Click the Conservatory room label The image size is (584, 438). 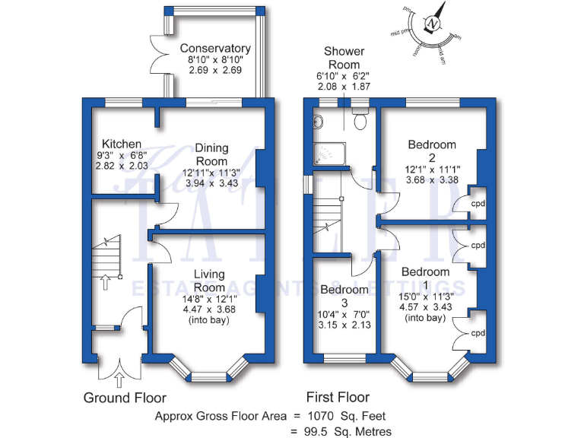point(215,49)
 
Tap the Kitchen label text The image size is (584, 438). point(122,144)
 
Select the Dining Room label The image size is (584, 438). point(211,154)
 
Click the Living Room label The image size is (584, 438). point(209,281)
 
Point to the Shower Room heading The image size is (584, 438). point(344,58)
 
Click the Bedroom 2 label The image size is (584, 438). point(432,151)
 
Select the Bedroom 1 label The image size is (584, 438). point(425,278)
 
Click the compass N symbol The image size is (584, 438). point(433,24)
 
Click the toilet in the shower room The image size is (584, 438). point(361,119)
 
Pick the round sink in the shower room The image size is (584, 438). point(316,119)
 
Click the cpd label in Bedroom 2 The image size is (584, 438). point(478,204)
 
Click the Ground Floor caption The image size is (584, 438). point(125,398)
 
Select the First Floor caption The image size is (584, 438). point(338,397)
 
